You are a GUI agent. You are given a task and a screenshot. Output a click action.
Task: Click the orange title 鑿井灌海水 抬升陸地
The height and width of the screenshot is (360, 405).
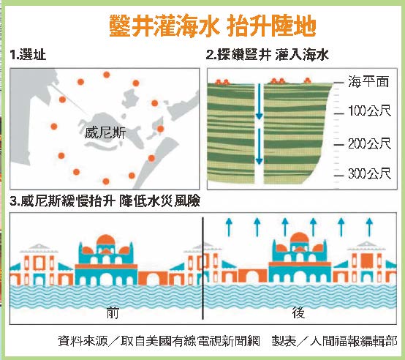pyautogui.click(x=213, y=26)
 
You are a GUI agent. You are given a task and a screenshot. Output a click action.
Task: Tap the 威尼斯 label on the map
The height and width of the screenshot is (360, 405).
pyautogui.click(x=105, y=134)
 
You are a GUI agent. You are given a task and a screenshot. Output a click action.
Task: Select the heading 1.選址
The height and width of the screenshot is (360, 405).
pyautogui.click(x=28, y=55)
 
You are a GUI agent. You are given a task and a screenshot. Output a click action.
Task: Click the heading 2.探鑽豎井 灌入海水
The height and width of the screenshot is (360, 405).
pyautogui.click(x=268, y=55)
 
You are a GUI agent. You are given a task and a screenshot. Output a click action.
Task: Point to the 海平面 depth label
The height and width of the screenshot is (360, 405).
pyautogui.click(x=368, y=81)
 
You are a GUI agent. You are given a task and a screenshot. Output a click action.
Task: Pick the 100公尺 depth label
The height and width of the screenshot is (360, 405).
pyautogui.click(x=369, y=111)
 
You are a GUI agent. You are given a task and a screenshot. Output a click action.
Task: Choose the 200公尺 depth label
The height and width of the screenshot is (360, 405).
pyautogui.click(x=369, y=143)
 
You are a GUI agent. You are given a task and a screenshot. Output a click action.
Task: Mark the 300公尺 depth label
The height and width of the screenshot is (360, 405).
pyautogui.click(x=369, y=173)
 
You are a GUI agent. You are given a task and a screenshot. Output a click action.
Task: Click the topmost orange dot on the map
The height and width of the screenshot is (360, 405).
pyautogui.click(x=107, y=75)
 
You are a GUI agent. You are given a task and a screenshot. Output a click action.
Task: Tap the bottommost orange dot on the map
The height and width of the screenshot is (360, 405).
pyautogui.click(x=106, y=181)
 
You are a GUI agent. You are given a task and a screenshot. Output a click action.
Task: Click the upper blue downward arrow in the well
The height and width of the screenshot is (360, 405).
pyautogui.click(x=259, y=102)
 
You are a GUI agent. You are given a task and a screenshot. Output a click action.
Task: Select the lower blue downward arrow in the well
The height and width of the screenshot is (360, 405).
pyautogui.click(x=259, y=146)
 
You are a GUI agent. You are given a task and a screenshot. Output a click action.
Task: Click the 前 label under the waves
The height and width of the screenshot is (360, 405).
pyautogui.click(x=113, y=313)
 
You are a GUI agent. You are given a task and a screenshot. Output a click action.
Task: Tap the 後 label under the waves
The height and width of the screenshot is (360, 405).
pyautogui.click(x=298, y=312)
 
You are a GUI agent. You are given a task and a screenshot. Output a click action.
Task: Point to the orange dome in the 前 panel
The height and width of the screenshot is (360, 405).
pyautogui.click(x=106, y=240)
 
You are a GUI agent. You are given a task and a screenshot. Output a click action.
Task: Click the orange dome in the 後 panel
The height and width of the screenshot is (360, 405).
pyautogui.click(x=299, y=238)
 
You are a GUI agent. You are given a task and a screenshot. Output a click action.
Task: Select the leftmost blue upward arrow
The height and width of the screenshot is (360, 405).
pyautogui.click(x=229, y=227)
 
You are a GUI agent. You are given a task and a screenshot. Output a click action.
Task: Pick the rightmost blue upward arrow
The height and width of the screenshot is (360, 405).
pyautogui.click(x=370, y=227)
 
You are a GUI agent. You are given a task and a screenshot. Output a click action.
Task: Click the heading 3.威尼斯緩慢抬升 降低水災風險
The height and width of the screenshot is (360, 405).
pyautogui.click(x=105, y=200)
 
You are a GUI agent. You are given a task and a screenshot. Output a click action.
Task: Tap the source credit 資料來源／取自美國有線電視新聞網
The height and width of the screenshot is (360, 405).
pyautogui.click(x=159, y=341)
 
